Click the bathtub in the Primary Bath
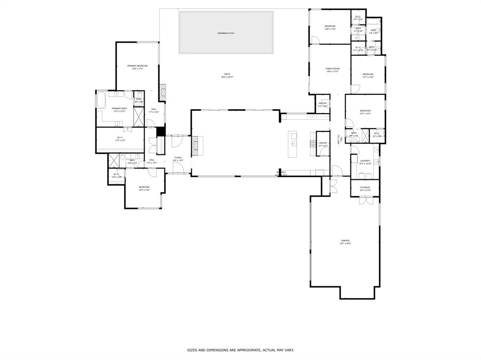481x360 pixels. point(101,100)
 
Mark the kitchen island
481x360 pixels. point(294,144)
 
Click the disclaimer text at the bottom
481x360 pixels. point(240,350)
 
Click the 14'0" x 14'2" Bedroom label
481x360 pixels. point(144,188)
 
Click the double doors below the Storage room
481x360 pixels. point(365,200)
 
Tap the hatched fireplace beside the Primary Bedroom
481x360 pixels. point(163,93)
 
